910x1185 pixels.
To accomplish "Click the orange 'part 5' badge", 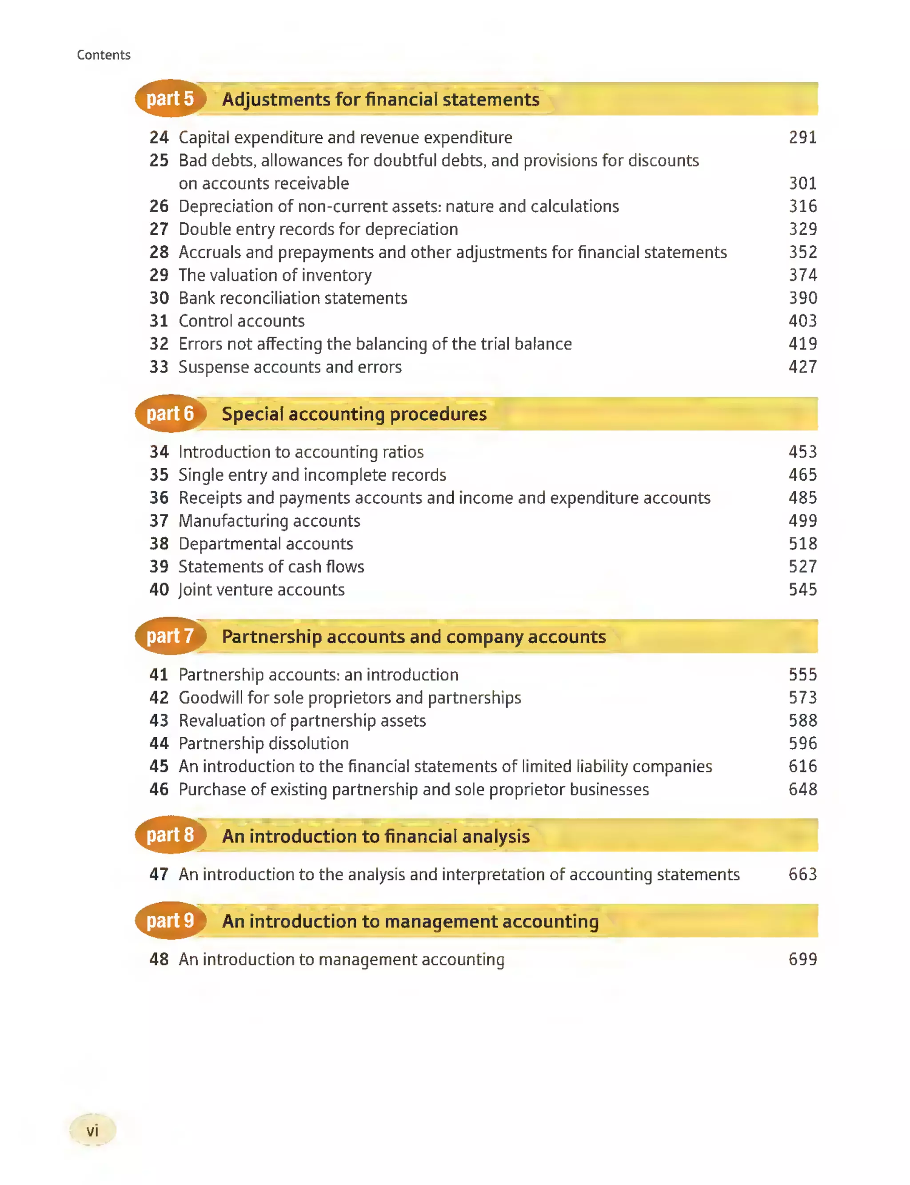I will (x=170, y=99).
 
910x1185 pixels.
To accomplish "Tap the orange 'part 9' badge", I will (x=170, y=920).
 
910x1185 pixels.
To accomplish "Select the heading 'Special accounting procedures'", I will (x=354, y=414).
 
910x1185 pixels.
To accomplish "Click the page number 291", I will (x=802, y=138).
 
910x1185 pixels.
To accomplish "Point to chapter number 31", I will (x=159, y=321).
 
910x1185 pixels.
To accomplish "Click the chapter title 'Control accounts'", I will (x=242, y=321).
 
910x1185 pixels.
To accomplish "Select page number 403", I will (x=802, y=321).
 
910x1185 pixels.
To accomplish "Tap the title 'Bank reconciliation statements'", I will (x=292, y=298).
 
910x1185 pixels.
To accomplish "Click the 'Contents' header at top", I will (x=104, y=55).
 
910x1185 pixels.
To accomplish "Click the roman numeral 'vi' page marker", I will (x=92, y=1130).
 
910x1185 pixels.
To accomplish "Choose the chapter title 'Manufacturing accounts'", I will (x=269, y=521).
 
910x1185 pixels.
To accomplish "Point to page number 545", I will (x=802, y=590).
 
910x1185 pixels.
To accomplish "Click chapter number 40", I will (x=159, y=590).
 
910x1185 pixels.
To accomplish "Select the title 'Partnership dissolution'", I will (x=263, y=743).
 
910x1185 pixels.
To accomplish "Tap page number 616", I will (x=802, y=767).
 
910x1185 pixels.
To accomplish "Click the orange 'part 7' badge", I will (x=170, y=636).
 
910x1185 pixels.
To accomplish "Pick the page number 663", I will (x=802, y=874).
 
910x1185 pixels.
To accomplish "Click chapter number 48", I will (x=159, y=960).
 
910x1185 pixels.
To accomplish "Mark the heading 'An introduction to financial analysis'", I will (x=375, y=836).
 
